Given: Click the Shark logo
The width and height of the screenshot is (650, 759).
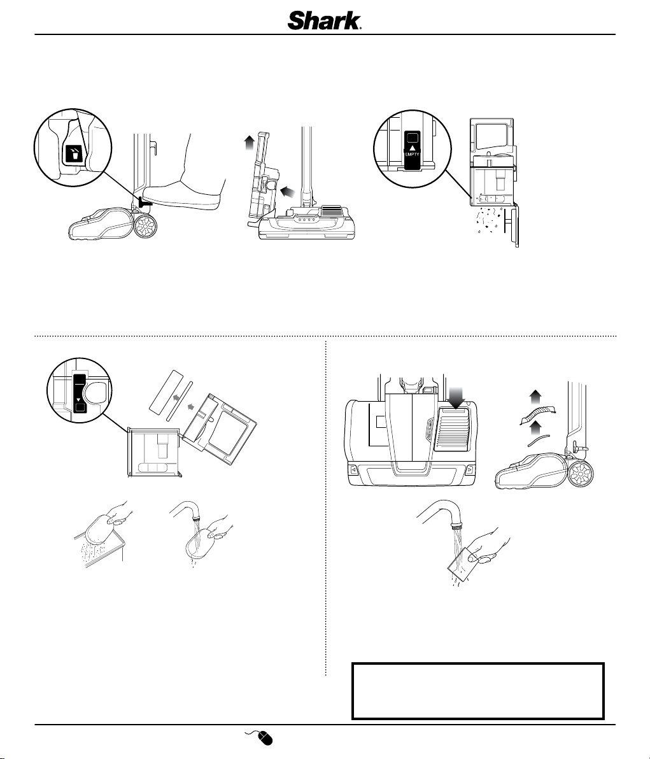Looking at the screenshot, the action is pyautogui.click(x=325, y=21).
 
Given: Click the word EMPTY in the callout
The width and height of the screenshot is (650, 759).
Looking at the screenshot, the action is pyautogui.click(x=412, y=155).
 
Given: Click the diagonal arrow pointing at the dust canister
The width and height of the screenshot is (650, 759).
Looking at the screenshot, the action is pyautogui.click(x=287, y=192).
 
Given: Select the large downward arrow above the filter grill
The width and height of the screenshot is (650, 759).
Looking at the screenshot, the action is pyautogui.click(x=456, y=396).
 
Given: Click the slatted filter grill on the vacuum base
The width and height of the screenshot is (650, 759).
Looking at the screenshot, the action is pyautogui.click(x=455, y=429).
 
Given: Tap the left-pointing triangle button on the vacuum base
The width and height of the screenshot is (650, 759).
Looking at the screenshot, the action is pyautogui.click(x=354, y=469).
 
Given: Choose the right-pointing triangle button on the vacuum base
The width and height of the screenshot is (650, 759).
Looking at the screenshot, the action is pyautogui.click(x=470, y=469).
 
